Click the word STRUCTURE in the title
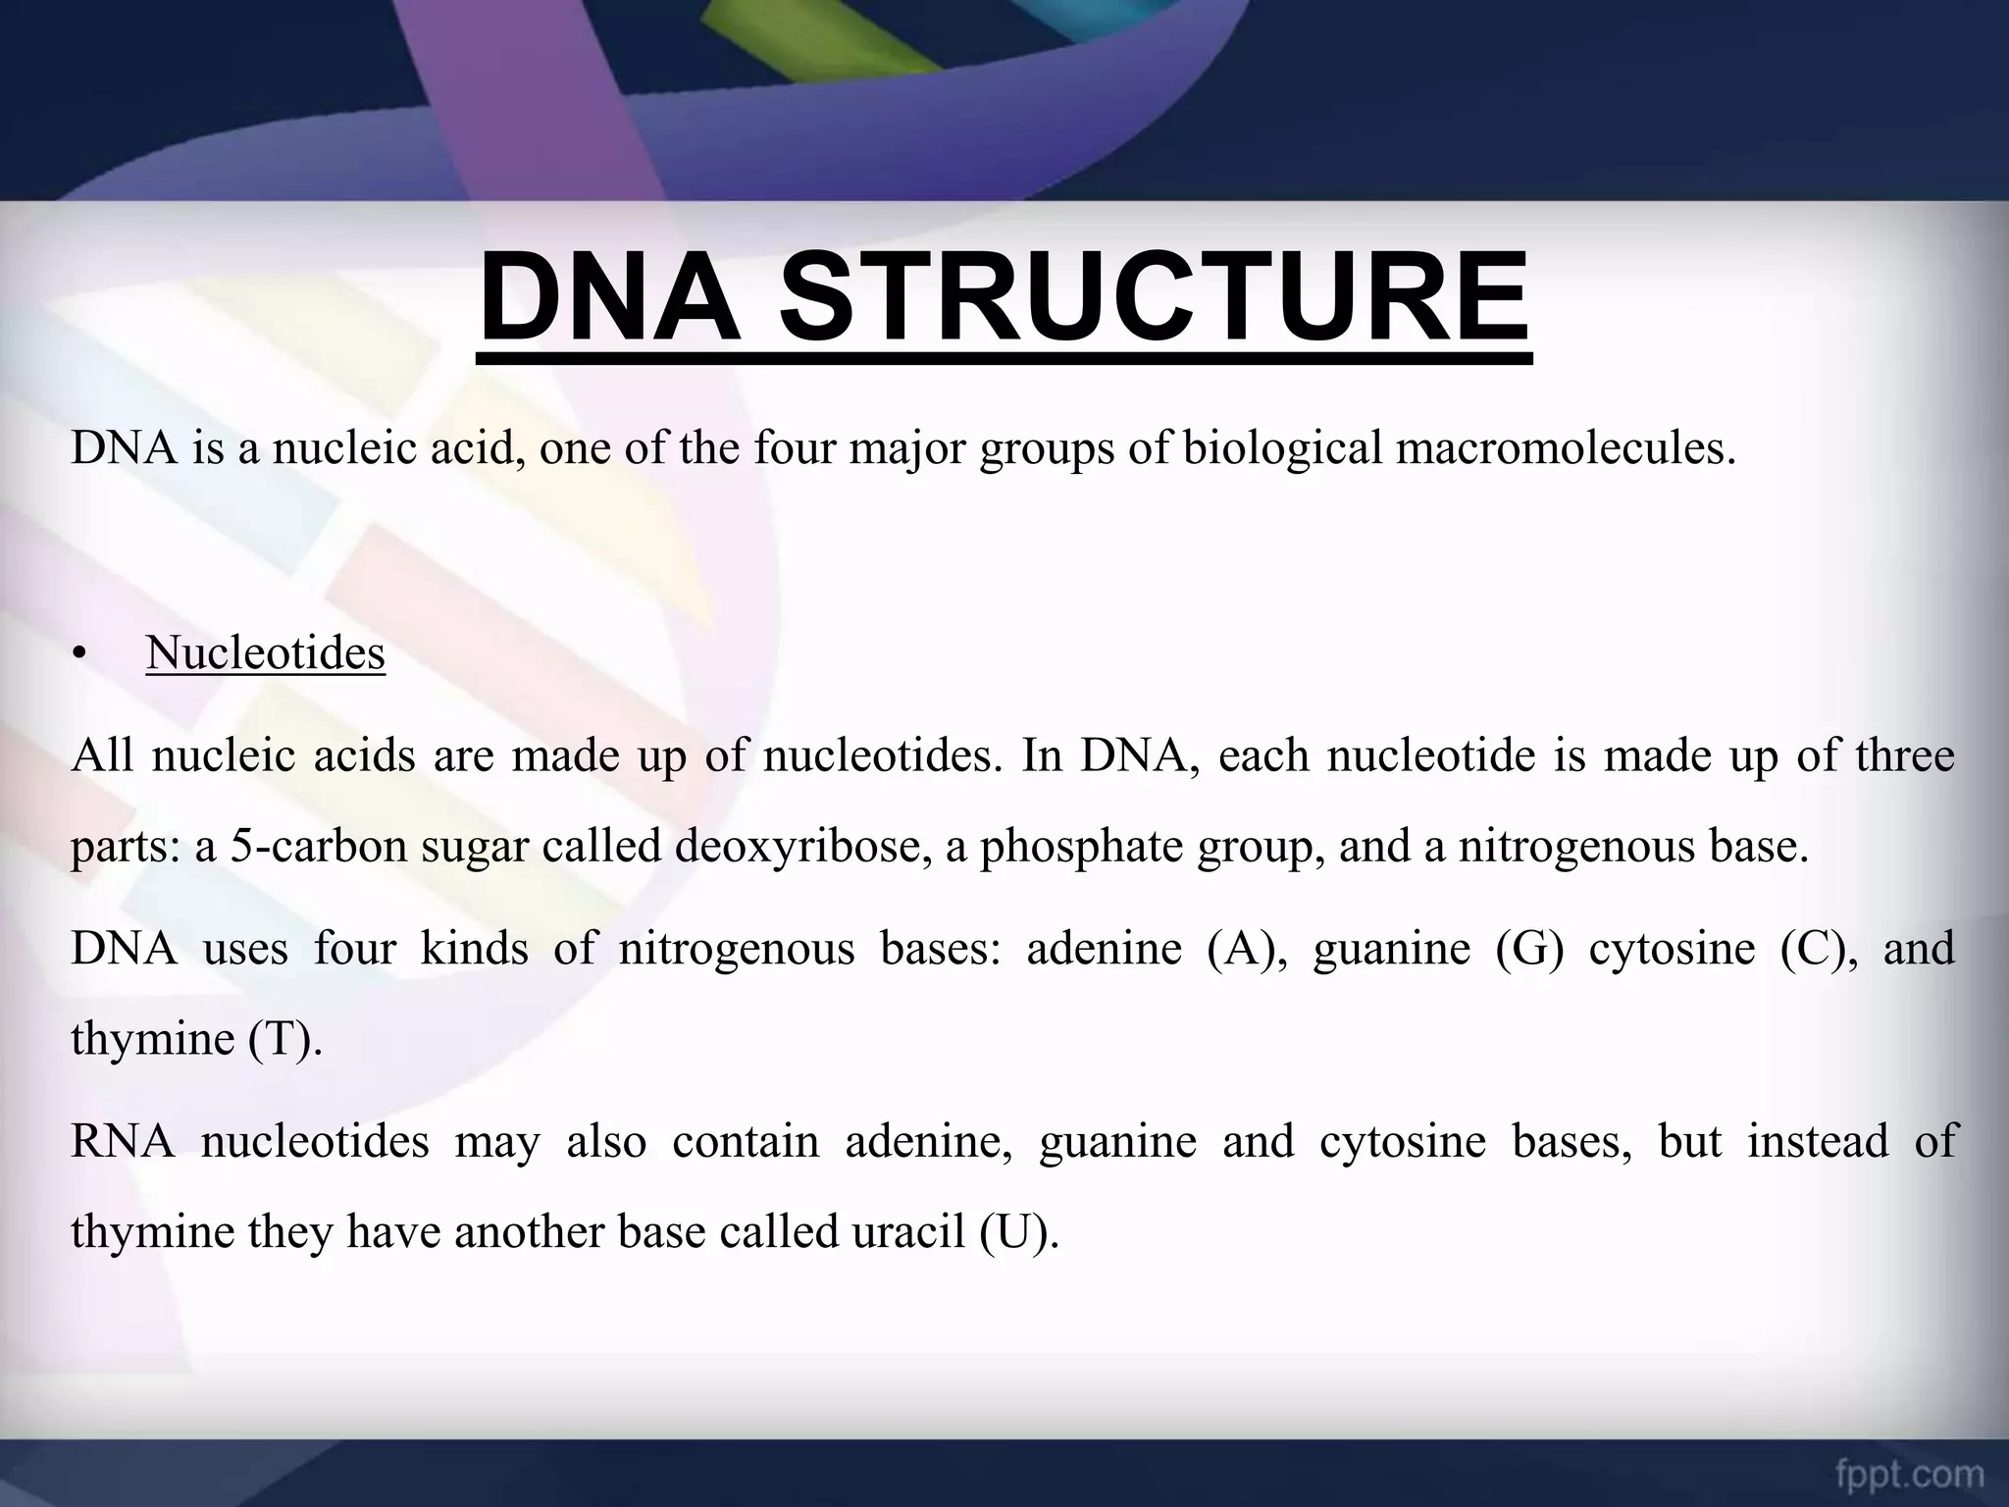click(x=1154, y=296)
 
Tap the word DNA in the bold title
click(x=609, y=296)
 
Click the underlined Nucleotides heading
click(x=266, y=652)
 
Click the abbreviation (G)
click(x=1529, y=949)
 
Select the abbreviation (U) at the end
click(x=1019, y=1231)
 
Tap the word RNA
click(x=123, y=1141)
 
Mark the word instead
click(x=1818, y=1141)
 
